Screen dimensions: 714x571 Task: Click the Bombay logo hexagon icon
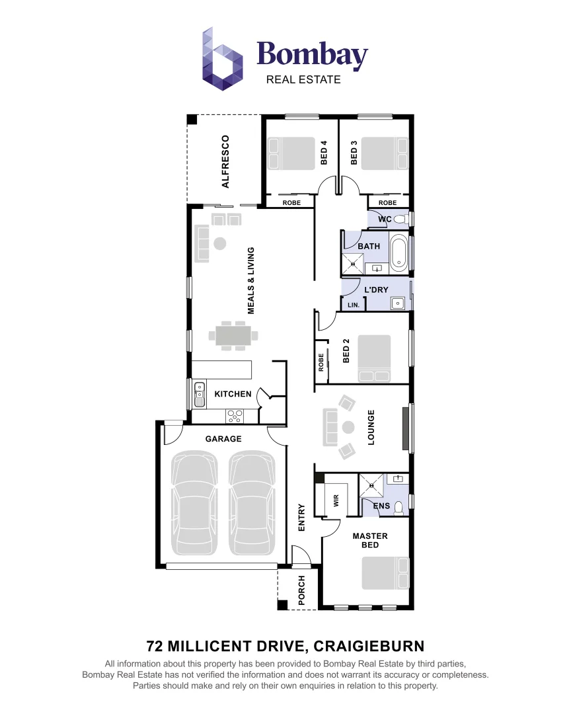coord(222,59)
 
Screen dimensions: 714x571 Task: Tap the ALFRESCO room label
coord(225,161)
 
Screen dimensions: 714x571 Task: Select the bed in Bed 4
coord(291,153)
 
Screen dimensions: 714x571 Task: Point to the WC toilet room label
coord(385,219)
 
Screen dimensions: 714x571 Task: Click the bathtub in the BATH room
coord(399,253)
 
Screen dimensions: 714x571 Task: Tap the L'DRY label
coord(376,290)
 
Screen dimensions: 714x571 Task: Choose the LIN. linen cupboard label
coord(354,305)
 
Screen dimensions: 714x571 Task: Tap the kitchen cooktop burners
coord(235,416)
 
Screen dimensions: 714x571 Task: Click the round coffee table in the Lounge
coord(348,426)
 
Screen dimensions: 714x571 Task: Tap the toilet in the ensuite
coord(398,507)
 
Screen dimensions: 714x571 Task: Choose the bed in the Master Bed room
coord(385,573)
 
